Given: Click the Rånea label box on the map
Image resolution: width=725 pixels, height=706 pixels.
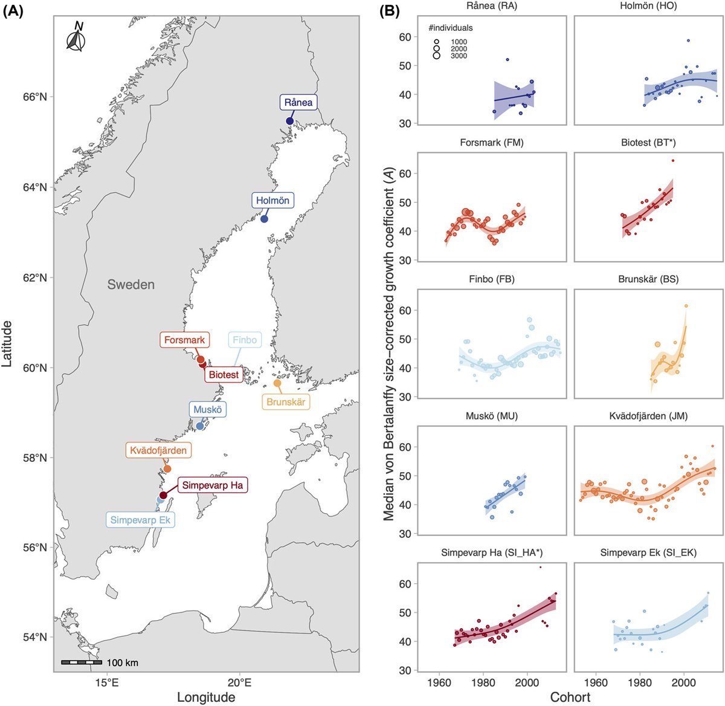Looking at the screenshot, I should (298, 102).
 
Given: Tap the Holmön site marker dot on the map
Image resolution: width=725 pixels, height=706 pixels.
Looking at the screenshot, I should (264, 219).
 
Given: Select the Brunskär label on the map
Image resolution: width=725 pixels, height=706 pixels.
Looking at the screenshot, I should (286, 402).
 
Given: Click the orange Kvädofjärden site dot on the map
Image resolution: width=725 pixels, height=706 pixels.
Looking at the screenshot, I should (167, 469).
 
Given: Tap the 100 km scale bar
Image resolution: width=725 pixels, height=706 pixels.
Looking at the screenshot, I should (82, 662).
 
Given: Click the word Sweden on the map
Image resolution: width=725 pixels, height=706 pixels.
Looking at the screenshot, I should (131, 285).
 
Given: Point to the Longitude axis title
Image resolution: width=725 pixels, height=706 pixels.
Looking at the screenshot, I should (206, 698).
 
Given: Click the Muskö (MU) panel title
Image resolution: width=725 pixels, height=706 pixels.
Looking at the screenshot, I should (491, 416).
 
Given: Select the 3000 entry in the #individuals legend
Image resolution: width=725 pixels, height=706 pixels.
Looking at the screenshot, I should (459, 56).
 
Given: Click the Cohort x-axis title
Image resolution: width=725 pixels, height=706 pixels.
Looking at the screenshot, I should (570, 698).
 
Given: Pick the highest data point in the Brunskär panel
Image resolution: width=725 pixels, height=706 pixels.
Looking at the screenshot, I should (686, 306).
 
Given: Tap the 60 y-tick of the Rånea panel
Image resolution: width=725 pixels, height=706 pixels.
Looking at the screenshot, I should (405, 37).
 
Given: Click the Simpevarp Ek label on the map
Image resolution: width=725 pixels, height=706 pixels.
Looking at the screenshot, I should (141, 520).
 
